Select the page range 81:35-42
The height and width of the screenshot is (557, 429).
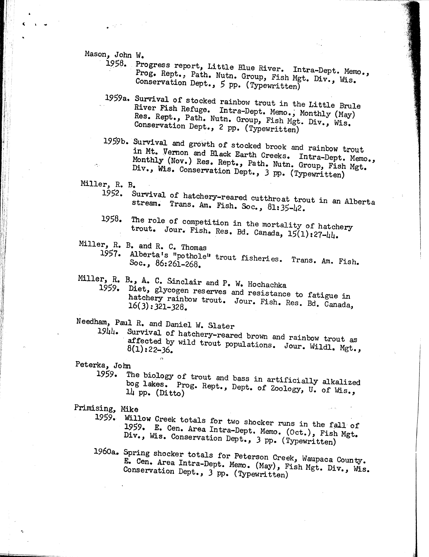286,208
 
